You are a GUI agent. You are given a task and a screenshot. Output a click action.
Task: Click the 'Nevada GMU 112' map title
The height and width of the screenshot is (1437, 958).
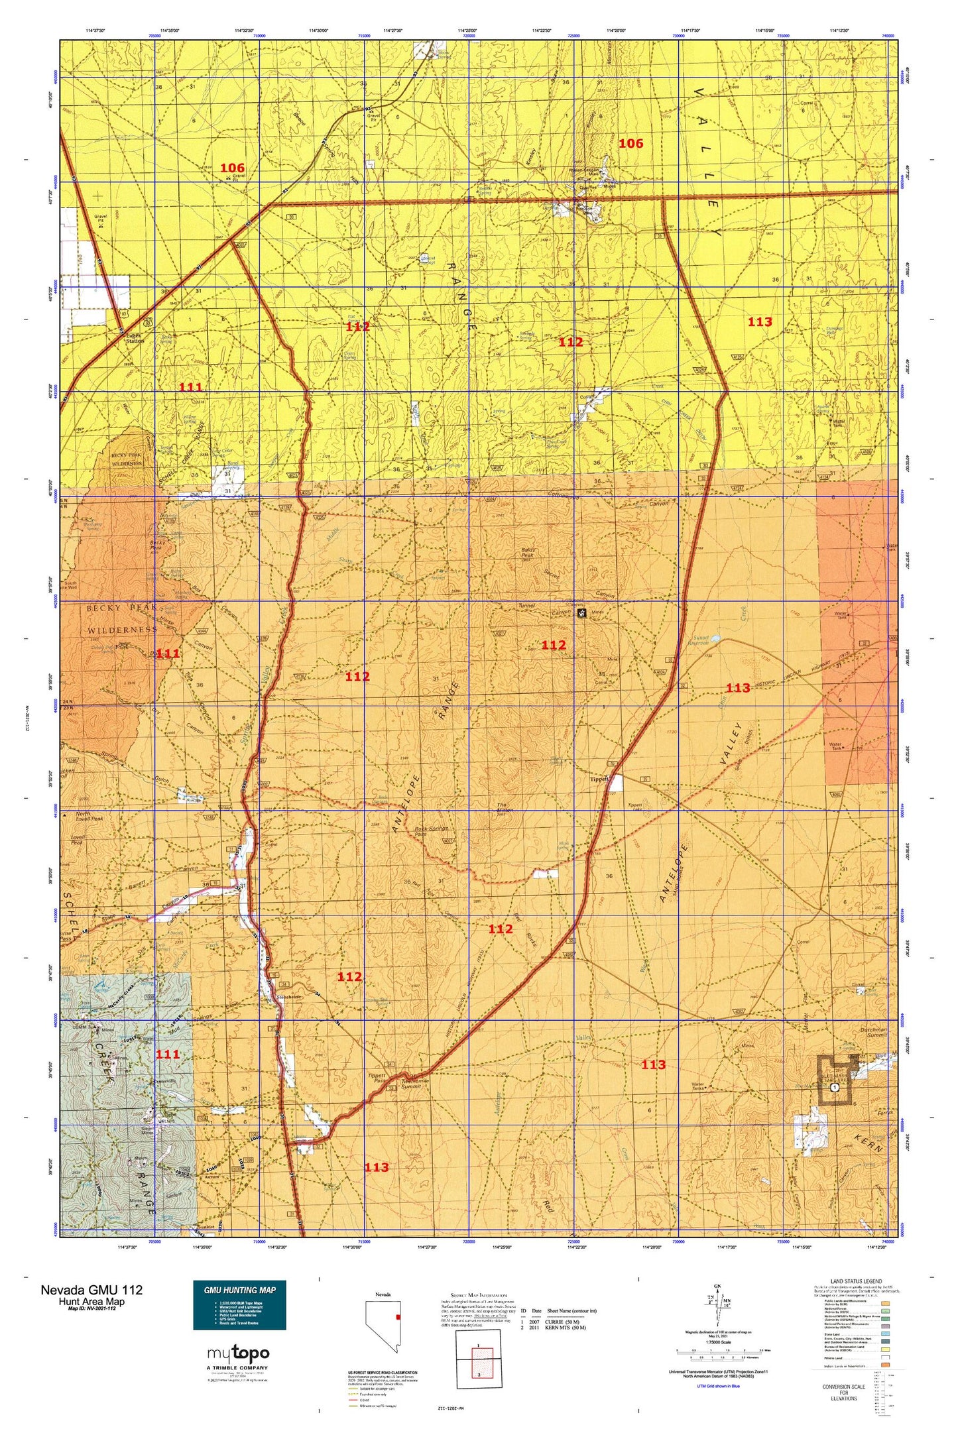tap(91, 1290)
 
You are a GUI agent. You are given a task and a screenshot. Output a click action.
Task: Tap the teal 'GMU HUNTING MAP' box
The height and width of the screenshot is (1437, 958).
tap(239, 1304)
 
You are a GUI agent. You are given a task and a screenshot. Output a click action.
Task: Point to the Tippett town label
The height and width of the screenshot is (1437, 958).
tap(599, 779)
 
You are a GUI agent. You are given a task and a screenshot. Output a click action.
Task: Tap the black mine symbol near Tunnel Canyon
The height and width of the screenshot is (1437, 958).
tap(581, 613)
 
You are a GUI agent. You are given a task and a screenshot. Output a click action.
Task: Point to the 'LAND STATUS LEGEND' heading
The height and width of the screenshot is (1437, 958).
tap(856, 1281)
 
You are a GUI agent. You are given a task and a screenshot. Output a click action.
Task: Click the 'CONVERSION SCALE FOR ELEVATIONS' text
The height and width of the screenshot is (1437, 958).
tap(843, 1393)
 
